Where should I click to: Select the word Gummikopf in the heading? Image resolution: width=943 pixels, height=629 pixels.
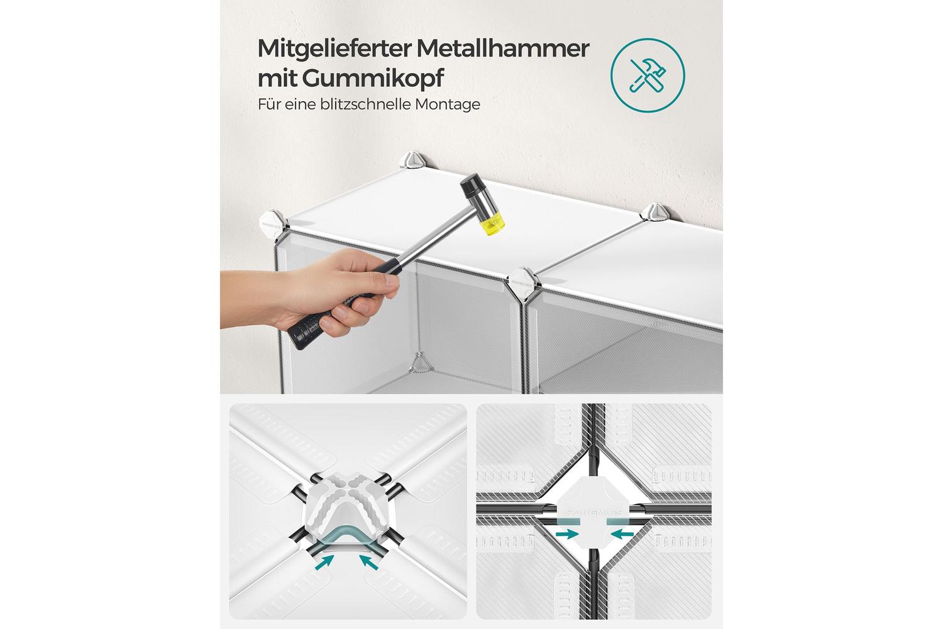pyautogui.click(x=373, y=79)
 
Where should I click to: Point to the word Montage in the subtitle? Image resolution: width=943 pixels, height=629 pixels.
pyautogui.click(x=448, y=104)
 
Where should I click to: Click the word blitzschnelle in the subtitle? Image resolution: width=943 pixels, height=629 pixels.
pyautogui.click(x=365, y=104)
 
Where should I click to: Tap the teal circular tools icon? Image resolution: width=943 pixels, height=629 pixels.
pyautogui.click(x=648, y=75)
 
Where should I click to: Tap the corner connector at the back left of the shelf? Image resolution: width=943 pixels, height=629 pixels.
pyautogui.click(x=412, y=162)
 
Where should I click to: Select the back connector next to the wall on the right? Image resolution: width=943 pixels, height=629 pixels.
pyautogui.click(x=656, y=213)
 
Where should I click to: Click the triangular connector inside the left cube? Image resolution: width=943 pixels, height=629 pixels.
pyautogui.click(x=419, y=363)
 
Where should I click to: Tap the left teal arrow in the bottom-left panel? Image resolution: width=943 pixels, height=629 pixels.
pyautogui.click(x=324, y=562)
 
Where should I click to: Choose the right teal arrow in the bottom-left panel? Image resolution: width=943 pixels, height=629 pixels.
pyautogui.click(x=369, y=562)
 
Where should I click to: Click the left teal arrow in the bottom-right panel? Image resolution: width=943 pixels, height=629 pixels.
pyautogui.click(x=567, y=534)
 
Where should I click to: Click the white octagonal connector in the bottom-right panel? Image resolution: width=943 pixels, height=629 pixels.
pyautogui.click(x=593, y=511)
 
